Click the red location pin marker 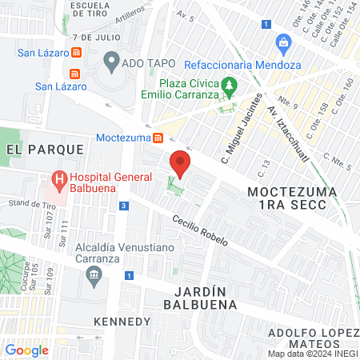(x=181, y=165)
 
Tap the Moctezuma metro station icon (x=158, y=137)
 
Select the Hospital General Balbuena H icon (x=58, y=181)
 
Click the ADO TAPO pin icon (x=111, y=61)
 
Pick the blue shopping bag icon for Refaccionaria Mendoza (x=282, y=42)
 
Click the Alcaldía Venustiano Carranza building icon (x=94, y=275)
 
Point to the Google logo (x=26, y=350)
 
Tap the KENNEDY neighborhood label (x=122, y=322)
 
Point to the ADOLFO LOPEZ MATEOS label (x=312, y=338)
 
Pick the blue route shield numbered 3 (x=123, y=206)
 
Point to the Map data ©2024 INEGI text (x=312, y=354)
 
